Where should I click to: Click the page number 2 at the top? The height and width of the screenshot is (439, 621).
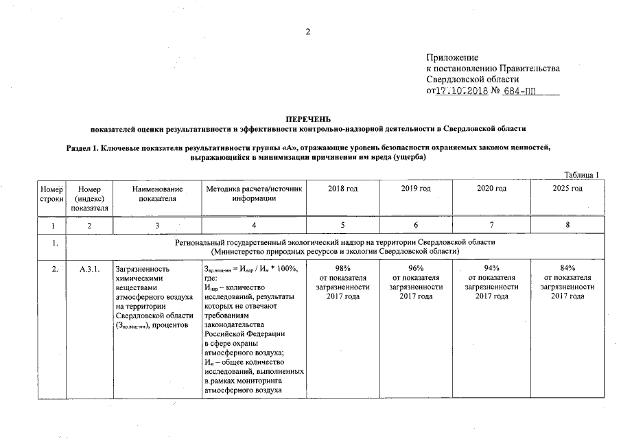tap(308, 32)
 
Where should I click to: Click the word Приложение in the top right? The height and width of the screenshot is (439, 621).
tap(452, 57)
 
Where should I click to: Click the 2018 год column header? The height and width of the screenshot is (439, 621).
tap(342, 189)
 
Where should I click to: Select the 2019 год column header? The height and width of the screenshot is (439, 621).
tap(416, 189)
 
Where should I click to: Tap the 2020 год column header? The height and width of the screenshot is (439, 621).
tap(491, 189)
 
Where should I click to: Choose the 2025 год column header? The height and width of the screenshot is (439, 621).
tap(567, 189)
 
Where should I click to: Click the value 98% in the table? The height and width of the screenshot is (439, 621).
tap(342, 268)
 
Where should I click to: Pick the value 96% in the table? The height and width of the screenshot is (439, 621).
tap(416, 268)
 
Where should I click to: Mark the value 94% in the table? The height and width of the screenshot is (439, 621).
tap(491, 268)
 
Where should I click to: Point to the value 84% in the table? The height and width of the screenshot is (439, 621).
tap(567, 268)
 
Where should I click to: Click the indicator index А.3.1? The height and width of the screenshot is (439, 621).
tap(90, 269)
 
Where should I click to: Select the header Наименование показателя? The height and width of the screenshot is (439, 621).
tap(158, 193)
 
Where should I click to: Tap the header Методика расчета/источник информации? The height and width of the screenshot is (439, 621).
tap(254, 193)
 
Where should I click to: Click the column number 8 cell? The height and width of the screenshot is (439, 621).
tap(567, 224)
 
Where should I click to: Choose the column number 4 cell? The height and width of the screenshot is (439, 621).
tap(254, 224)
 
